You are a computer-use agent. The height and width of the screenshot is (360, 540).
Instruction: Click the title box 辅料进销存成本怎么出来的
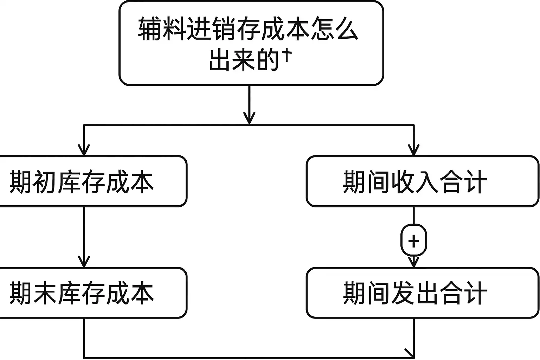tap(251, 43)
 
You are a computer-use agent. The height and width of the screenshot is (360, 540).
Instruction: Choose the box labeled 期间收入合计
tap(422, 181)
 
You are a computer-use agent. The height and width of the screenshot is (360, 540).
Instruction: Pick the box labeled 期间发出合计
tap(422, 293)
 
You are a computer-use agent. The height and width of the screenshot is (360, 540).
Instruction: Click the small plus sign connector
tap(414, 241)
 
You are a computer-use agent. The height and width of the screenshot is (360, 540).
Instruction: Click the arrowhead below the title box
tap(249, 118)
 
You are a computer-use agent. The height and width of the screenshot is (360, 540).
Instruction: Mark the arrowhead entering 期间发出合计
tap(414, 262)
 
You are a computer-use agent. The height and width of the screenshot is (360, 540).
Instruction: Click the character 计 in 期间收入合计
tap(475, 182)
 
